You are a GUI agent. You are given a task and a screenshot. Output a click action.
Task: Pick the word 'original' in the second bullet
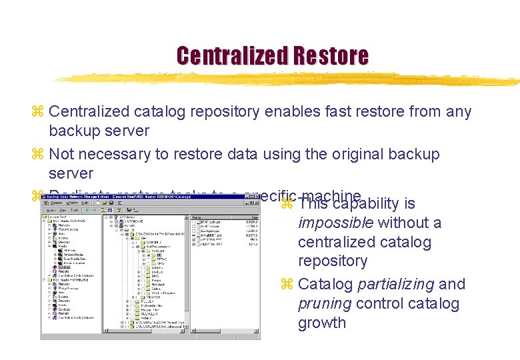(354, 154)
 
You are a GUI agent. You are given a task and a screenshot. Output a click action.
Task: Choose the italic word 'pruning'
(325, 303)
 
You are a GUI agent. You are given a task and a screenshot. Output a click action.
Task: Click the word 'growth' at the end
(322, 323)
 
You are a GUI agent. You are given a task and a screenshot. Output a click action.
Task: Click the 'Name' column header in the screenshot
(197, 217)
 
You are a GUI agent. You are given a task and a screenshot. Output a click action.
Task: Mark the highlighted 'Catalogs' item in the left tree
(64, 267)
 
